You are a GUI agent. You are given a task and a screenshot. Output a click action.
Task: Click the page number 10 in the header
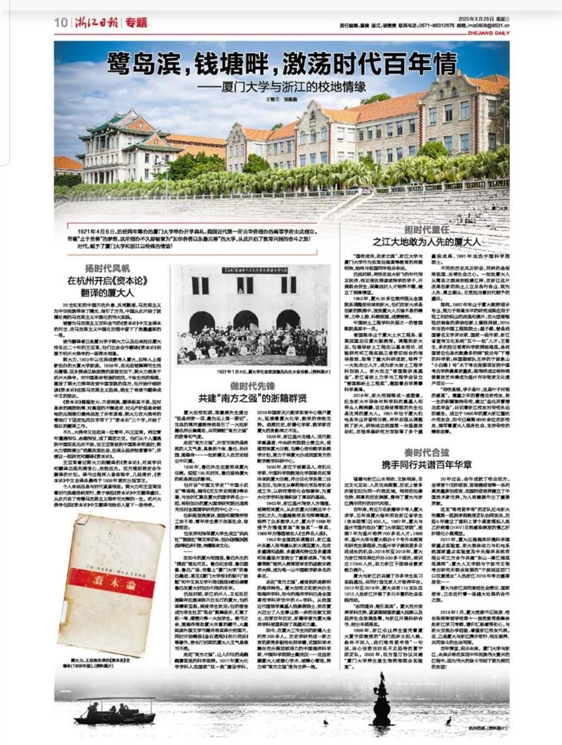coord(61,22)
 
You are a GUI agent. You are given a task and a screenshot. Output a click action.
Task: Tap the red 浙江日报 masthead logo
coord(97,22)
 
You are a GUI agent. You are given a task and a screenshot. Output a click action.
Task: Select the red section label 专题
coord(136,22)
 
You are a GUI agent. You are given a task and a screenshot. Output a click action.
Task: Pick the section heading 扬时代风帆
coord(107,269)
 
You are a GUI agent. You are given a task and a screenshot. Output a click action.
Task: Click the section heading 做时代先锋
coord(253,386)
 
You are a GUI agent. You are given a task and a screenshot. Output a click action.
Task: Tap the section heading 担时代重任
coord(427,231)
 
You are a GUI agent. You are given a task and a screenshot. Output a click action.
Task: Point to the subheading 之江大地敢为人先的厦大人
coord(427,242)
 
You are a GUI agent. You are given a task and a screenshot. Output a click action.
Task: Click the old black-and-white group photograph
coord(253,308)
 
